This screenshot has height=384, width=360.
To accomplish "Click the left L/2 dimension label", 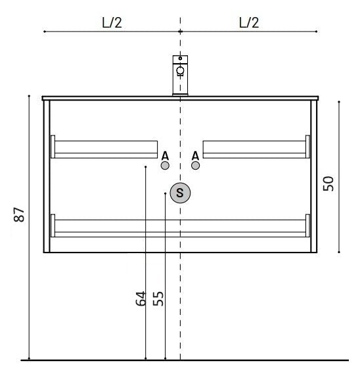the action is [x=112, y=22].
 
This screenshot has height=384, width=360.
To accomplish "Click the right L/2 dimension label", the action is [x=249, y=22].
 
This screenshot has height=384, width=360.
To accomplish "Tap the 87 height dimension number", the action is [x=19, y=214].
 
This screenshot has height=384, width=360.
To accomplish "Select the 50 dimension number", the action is [x=328, y=183].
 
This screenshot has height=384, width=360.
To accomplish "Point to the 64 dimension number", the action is [x=141, y=299].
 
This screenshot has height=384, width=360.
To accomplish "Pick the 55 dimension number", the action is [x=158, y=299].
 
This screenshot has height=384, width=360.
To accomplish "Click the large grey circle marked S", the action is [x=180, y=193].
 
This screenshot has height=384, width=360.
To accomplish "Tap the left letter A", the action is [x=165, y=156].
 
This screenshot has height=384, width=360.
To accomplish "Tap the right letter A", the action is [x=195, y=156].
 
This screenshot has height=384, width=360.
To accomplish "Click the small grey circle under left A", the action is [x=165, y=166].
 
